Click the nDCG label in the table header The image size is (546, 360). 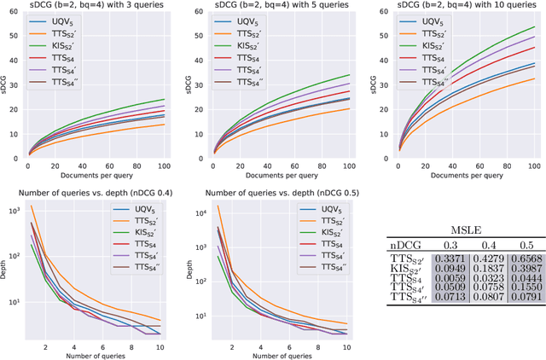pos(406,247)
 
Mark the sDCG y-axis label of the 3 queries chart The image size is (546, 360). pos(4,86)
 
